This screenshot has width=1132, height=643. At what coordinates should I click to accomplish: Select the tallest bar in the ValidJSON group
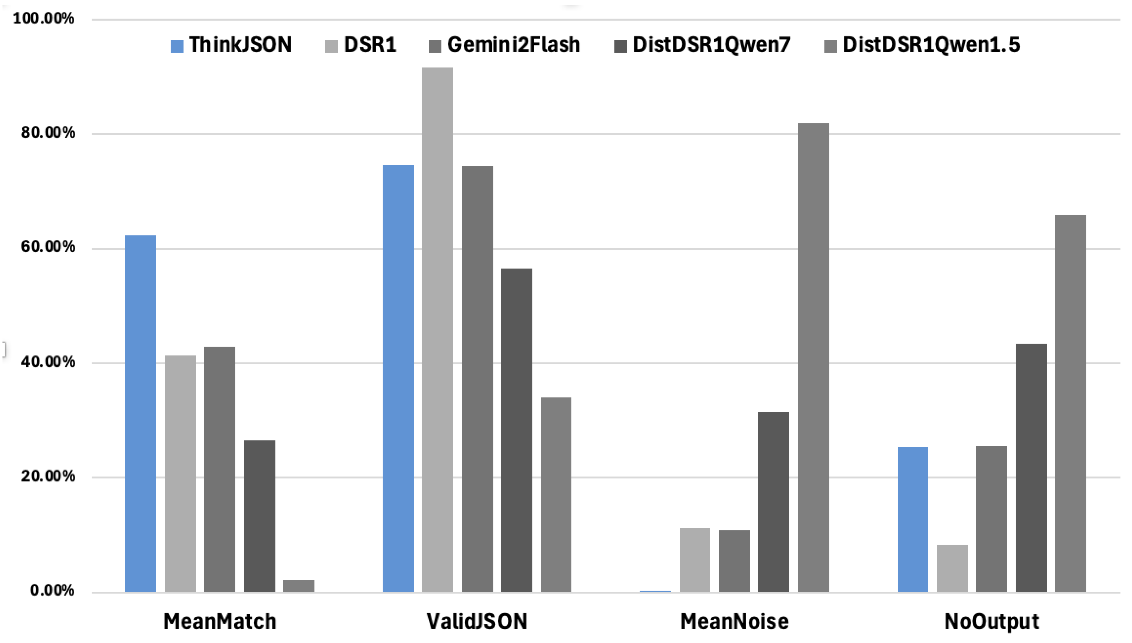point(437,329)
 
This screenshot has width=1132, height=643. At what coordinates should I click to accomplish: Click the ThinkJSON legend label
point(241,45)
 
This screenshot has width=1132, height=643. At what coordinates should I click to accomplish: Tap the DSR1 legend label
point(370,45)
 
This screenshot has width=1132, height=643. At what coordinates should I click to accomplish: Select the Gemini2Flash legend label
point(514,45)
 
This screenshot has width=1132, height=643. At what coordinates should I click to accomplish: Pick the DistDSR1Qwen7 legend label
point(711,45)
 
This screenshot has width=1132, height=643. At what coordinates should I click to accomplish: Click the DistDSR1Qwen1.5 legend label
point(931,45)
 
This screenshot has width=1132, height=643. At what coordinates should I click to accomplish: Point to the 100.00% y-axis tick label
point(44,19)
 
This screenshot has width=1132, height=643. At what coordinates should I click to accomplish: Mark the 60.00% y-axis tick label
point(48,247)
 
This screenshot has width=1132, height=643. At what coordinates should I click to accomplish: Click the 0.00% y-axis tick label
point(52,590)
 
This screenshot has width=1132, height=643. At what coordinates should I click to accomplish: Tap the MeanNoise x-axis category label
point(734,621)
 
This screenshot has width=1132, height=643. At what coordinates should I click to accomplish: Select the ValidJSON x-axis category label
point(477,621)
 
